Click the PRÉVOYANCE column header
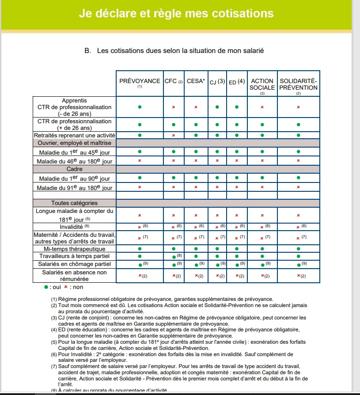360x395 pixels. tap(140, 81)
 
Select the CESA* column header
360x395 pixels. tap(196, 81)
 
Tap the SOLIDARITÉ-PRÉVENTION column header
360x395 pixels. tap(299, 84)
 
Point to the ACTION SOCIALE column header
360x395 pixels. tap(262, 84)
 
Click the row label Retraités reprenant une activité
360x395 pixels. tap(74, 135)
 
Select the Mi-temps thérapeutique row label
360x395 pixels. tap(74, 249)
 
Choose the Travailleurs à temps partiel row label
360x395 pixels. tap(74, 256)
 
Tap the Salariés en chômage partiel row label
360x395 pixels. tap(74, 264)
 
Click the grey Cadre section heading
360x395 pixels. tap(74, 169)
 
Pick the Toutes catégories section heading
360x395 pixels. tap(74, 203)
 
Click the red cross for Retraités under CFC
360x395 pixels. tap(174, 135)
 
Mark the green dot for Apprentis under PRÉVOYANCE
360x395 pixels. tap(140, 107)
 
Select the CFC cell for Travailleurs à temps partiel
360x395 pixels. tap(174, 256)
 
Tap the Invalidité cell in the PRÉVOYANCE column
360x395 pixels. tap(140, 227)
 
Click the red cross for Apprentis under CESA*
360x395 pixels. tap(196, 107)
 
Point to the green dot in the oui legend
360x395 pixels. tap(46, 287)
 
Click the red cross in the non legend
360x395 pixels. tap(66, 287)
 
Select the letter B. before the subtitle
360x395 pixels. tap(87, 51)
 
